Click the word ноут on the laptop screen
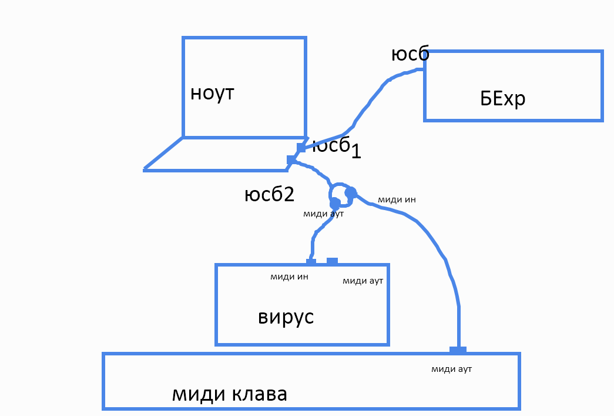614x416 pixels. coord(212,93)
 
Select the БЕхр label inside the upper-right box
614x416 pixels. coord(502,99)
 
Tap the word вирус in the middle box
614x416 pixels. coord(286,317)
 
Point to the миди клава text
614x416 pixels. coord(230,394)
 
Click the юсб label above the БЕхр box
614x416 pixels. coord(410,54)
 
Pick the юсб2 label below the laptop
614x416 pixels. coord(269,195)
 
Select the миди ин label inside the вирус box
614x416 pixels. coord(289,277)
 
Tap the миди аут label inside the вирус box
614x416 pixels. coord(363,281)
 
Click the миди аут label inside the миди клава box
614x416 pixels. coord(452,369)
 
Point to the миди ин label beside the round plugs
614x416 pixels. coord(397,199)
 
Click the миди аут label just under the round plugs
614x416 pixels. coord(323,214)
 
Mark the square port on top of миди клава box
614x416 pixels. coord(458,350)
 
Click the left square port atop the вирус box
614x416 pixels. coord(311,261)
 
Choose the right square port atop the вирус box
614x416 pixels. coord(332,261)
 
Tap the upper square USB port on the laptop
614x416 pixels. coord(301,147)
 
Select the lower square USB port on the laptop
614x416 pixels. coord(291,159)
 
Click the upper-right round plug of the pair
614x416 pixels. coord(351,192)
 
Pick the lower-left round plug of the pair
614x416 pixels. coord(335,203)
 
